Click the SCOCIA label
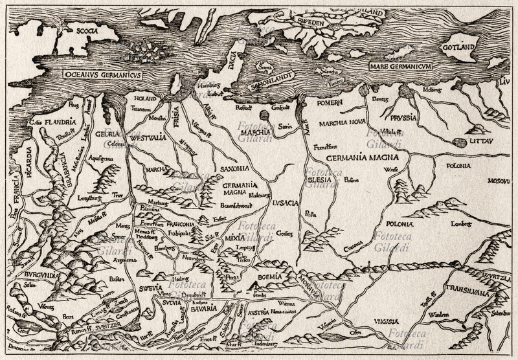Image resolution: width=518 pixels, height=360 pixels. (x=88, y=30)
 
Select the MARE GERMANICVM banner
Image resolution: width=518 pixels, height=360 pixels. (x=401, y=66)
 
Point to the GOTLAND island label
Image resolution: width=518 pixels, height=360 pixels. (x=458, y=47)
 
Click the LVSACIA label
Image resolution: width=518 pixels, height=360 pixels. (x=286, y=203)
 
